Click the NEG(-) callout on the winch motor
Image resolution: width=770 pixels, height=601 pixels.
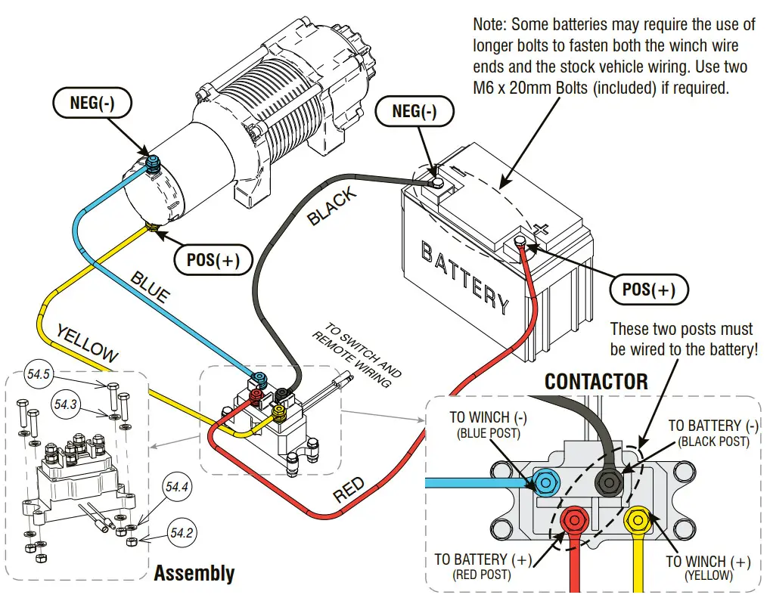point(92,104)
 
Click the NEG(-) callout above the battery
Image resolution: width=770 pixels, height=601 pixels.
point(414,112)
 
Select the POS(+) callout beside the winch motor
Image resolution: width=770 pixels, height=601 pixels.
point(213,260)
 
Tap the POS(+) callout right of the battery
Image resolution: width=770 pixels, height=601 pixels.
point(648,290)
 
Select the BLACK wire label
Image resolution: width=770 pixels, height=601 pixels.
point(332,206)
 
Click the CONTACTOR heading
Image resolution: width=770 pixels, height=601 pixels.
point(596,382)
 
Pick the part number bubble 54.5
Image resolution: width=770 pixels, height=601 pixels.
point(39,374)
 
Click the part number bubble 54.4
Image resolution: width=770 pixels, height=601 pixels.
point(176,488)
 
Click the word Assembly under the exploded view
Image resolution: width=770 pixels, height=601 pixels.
point(194,573)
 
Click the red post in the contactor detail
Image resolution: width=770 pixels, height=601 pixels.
point(576,520)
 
